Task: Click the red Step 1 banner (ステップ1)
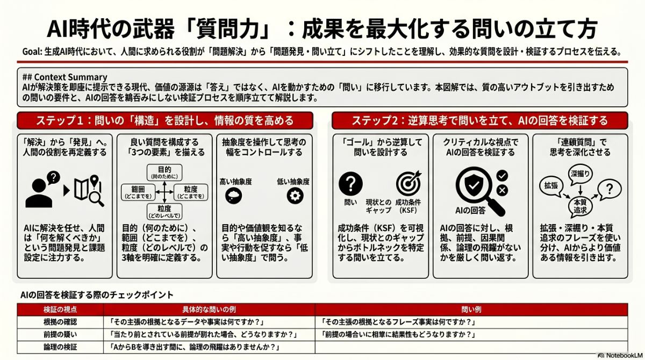(164, 120)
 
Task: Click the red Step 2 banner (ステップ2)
(479, 120)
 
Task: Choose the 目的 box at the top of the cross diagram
(164, 172)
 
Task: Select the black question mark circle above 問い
(350, 184)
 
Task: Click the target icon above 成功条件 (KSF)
(408, 184)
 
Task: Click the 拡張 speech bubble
(551, 184)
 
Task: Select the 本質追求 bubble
(580, 206)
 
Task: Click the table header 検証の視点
(60, 310)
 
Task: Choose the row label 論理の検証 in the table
(60, 347)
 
